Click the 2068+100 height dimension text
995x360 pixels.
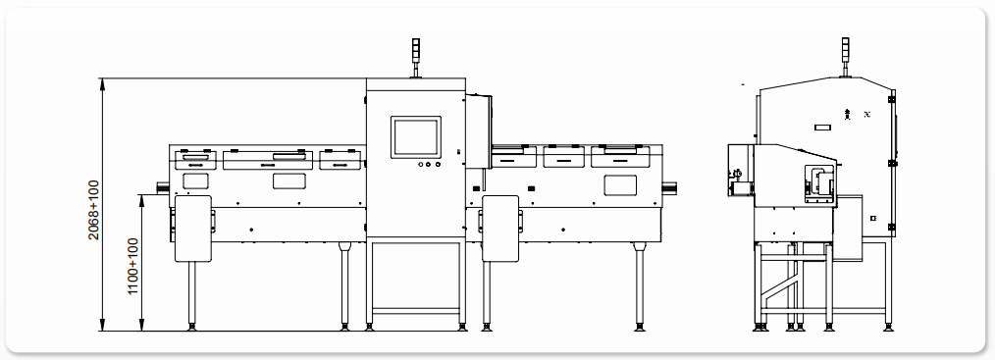click(93, 210)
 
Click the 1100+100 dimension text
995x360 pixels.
click(132, 266)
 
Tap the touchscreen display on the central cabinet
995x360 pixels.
click(416, 137)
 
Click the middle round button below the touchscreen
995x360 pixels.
click(429, 165)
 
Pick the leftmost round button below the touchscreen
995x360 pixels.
click(420, 165)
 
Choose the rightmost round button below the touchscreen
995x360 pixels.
click(438, 165)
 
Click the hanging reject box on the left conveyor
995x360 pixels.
click(193, 229)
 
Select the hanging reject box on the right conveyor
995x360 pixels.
click(500, 229)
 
